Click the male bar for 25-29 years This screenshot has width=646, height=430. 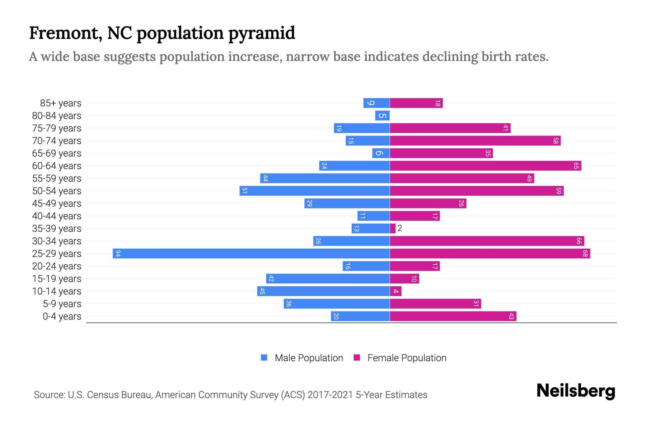pos(251,254)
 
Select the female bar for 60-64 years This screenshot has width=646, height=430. pos(485,166)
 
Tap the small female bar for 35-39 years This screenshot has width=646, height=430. pos(393,229)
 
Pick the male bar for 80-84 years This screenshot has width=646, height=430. pos(382,116)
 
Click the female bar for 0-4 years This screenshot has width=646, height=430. pos(453,316)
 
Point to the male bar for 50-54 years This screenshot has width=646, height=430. pos(314,191)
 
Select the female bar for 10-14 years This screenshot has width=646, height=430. pos(395,291)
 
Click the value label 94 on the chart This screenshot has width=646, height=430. pos(118,254)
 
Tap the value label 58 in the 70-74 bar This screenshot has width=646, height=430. pos(556,141)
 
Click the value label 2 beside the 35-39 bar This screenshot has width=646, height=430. pos(400,229)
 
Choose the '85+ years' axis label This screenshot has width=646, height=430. pos(60,103)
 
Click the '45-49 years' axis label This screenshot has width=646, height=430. pos(57,204)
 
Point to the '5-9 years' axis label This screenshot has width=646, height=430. pos(62,304)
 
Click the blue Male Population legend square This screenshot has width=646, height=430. pos(264,358)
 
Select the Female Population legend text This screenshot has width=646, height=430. pos(407,358)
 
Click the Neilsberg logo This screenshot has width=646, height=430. pos(576,391)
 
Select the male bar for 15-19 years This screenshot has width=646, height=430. pos(328,279)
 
